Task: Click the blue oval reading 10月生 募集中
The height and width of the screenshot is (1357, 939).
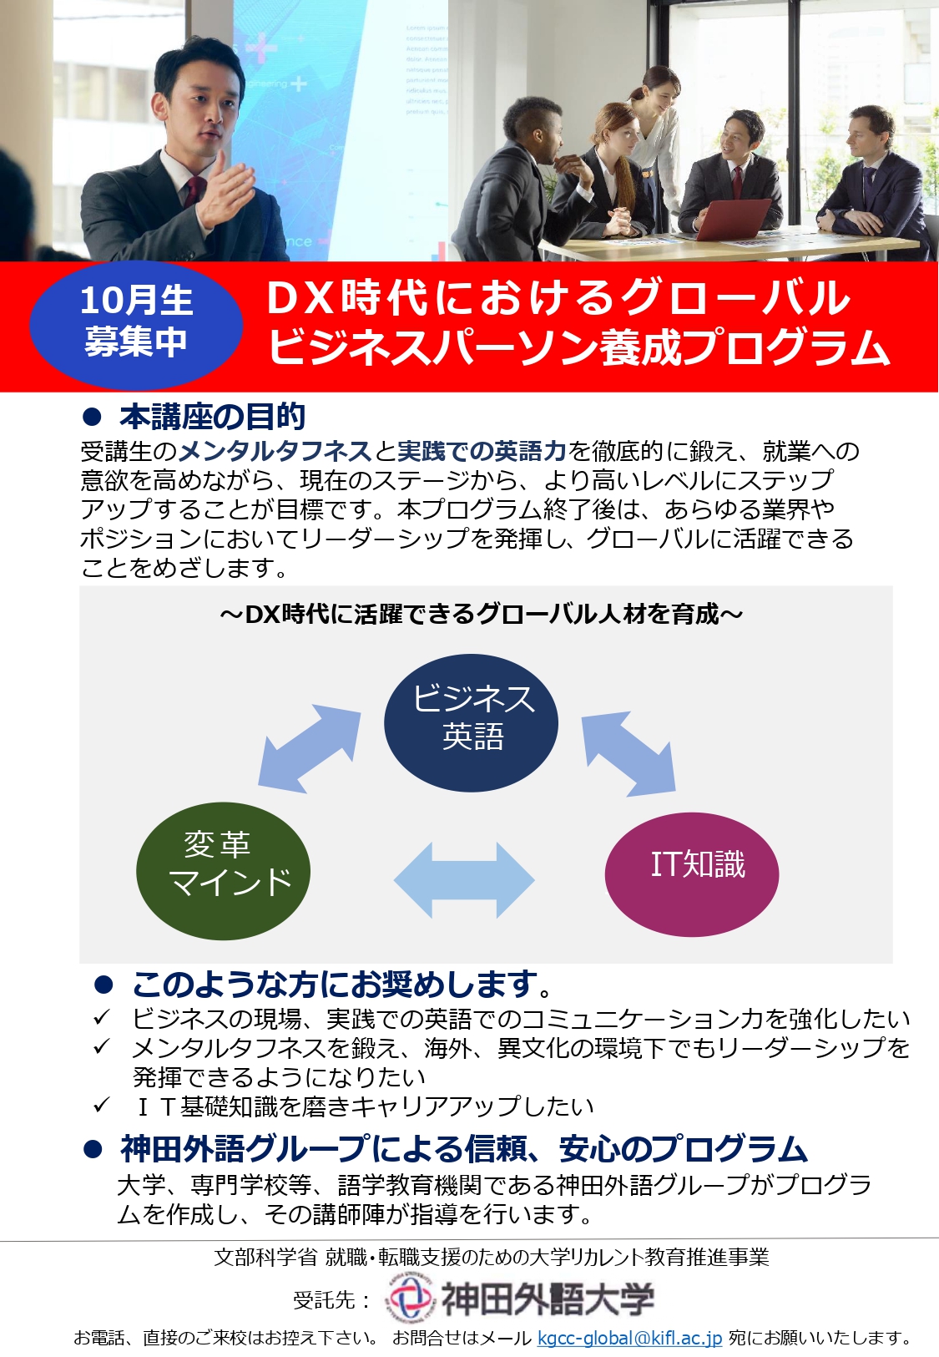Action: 136,325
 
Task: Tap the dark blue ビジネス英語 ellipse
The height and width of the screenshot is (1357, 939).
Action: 471,722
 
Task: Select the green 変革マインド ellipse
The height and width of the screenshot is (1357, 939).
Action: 224,871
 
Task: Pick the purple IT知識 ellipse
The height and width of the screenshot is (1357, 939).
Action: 692,873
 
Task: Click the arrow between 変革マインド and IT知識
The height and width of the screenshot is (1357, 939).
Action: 464,879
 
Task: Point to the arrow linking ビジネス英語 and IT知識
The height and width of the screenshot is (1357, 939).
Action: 629,753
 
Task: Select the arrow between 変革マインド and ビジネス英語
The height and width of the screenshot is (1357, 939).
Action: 310,748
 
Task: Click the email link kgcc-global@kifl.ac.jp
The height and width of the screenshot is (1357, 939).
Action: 629,1337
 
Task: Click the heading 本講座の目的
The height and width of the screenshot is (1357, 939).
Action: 212,416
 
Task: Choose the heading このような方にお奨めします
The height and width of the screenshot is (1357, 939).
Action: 341,985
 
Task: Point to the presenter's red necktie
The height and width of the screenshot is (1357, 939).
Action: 194,192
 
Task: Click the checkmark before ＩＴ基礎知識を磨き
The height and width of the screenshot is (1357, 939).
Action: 101,1106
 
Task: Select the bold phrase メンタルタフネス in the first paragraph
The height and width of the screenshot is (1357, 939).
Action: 275,451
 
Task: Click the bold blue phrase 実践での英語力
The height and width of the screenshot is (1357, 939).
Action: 482,451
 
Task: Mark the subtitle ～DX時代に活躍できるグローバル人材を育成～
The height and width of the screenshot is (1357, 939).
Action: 482,615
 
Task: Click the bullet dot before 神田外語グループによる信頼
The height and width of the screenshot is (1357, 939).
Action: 93,1149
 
